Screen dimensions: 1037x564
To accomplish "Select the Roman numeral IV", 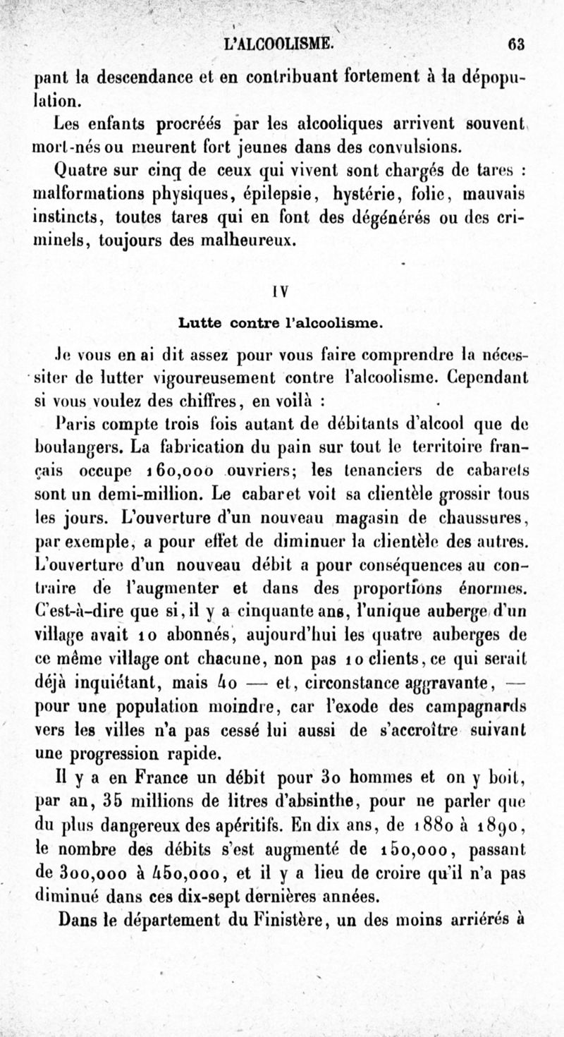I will pyautogui.click(x=281, y=289).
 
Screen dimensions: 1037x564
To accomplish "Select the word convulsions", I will pyautogui.click(x=415, y=147).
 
